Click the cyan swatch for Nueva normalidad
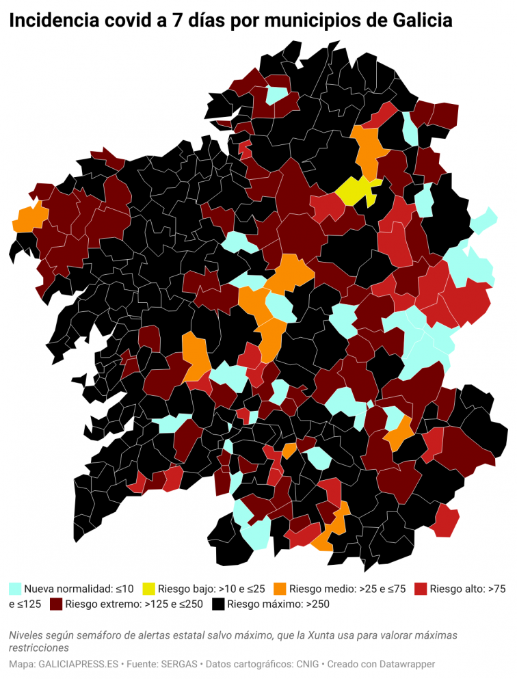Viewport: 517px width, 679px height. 14,588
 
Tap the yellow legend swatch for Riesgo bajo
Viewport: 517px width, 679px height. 148,588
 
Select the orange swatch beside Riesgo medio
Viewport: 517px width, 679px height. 280,588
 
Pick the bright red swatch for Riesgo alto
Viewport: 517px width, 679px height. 421,588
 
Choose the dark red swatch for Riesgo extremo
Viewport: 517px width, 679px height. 55,604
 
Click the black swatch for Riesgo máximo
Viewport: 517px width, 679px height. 218,604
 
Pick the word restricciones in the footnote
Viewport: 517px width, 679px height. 39,647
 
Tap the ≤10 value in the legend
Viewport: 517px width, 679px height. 124,588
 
